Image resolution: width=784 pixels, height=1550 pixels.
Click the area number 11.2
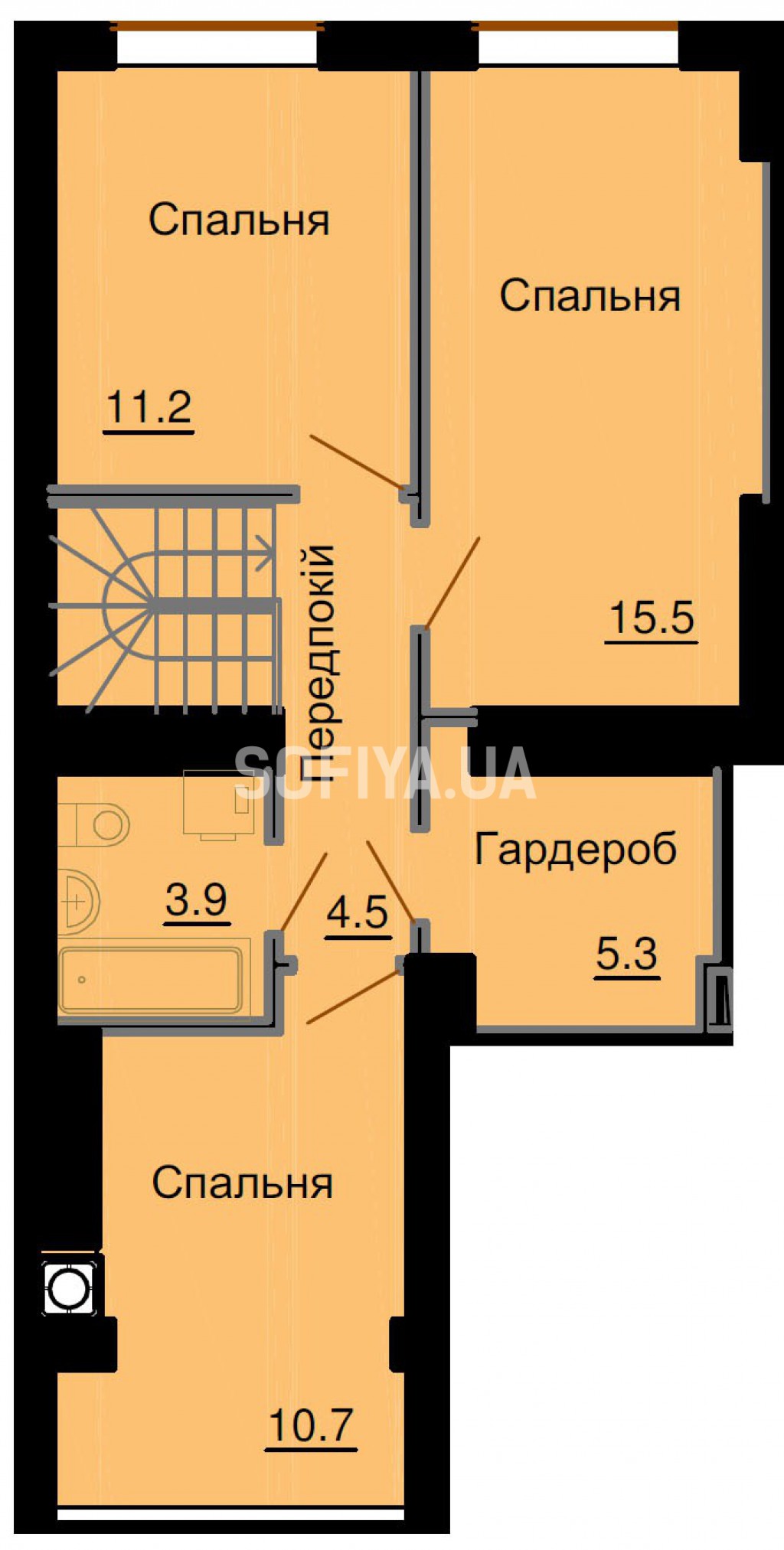point(149,407)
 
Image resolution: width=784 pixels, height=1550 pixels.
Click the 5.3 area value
point(627,954)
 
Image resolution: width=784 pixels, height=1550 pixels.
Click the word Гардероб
point(576,850)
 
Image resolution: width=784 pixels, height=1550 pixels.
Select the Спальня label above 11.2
point(239,220)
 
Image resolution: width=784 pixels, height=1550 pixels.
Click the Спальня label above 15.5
point(590,296)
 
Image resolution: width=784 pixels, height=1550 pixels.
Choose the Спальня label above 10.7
point(242,1183)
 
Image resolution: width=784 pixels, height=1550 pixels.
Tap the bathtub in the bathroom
point(151,980)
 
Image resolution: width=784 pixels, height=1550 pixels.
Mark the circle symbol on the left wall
point(69,1289)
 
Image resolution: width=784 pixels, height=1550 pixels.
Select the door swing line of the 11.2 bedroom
point(357,462)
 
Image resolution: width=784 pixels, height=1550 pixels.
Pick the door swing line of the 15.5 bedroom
point(452,583)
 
